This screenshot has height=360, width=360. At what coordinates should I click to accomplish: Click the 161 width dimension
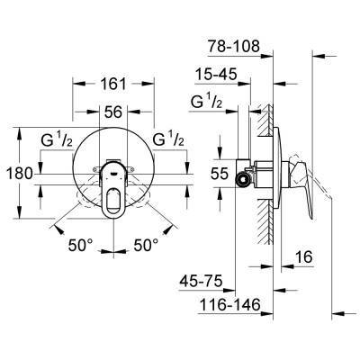coord(113,84)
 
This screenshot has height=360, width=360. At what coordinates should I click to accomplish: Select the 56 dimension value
coord(112,112)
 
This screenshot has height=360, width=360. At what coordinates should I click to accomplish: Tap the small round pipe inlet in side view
coord(241,179)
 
